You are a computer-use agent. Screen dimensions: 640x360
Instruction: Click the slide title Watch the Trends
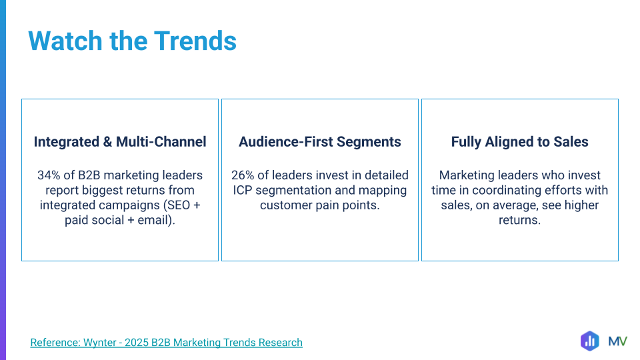coord(132,41)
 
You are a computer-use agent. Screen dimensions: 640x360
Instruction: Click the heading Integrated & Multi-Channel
coord(120,141)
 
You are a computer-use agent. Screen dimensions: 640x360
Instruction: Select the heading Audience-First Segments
coord(320,142)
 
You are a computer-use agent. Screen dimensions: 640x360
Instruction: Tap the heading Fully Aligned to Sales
coord(519,142)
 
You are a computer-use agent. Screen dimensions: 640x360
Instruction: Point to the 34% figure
coord(49,175)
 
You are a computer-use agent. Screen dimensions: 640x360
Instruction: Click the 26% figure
coord(243,175)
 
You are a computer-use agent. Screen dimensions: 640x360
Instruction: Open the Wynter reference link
coord(167,343)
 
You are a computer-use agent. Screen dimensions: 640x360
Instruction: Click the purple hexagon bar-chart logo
coord(590,341)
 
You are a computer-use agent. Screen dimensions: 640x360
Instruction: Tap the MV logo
coord(617,341)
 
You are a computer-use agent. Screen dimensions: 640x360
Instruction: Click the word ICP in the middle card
coord(243,190)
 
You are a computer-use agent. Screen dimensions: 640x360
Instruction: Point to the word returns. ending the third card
coord(519,220)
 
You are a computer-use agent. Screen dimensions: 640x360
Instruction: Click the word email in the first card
coord(152,220)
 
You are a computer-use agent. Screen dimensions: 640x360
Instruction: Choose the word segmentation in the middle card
coord(293,191)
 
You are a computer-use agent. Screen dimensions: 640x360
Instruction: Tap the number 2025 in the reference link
coord(136,343)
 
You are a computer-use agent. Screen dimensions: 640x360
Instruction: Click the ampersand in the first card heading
coord(108,142)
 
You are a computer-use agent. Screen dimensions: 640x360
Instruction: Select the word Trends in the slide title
coord(195,41)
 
